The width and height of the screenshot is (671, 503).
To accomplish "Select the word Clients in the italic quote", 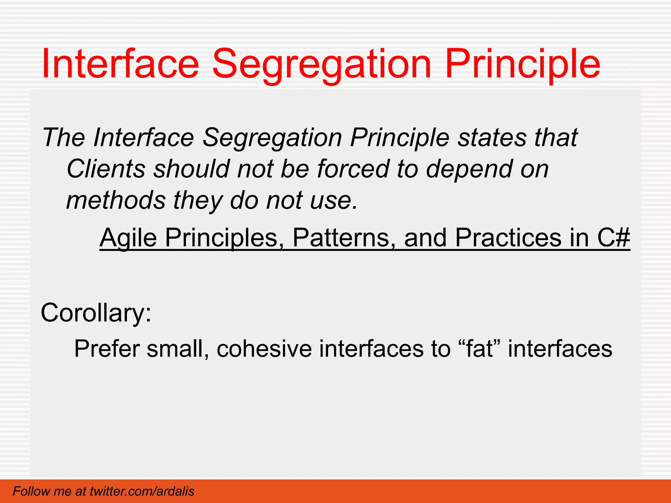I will (106, 169).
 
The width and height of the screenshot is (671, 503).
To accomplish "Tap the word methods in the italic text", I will (116, 200).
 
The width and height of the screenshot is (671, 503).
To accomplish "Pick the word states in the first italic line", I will (491, 138).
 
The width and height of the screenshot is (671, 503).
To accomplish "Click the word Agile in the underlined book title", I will (128, 238).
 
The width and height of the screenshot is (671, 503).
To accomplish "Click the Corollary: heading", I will (96, 313).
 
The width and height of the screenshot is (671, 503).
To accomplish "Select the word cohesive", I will (264, 349).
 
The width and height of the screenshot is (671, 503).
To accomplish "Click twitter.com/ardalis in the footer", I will (142, 491).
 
